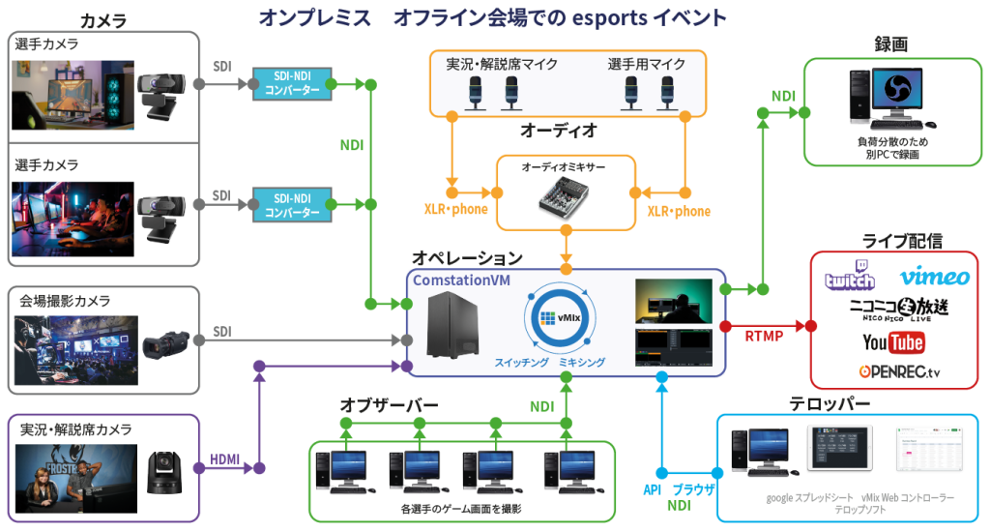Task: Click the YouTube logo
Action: [x=892, y=341]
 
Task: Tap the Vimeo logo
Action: [x=933, y=278]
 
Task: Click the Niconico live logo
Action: [x=898, y=310]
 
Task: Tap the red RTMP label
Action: [x=764, y=337]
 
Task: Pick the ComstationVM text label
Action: [x=462, y=281]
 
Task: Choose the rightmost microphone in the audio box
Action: [x=665, y=93]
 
